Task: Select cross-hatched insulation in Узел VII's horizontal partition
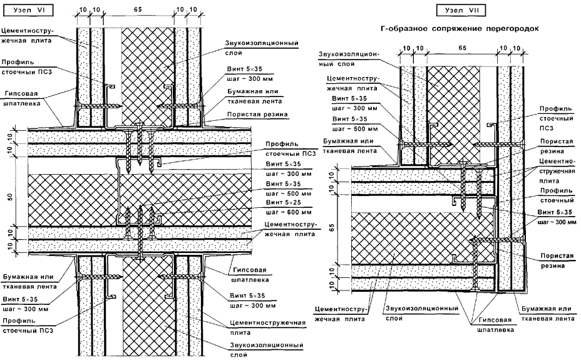point(407,235)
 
